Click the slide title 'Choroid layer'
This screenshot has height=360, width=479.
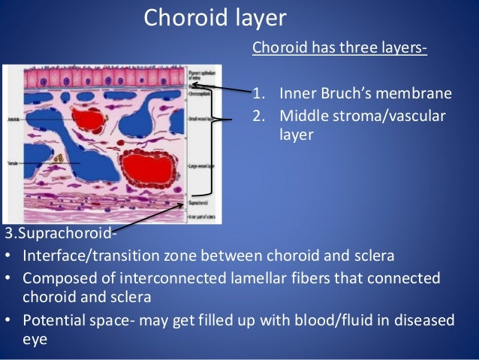[216, 17]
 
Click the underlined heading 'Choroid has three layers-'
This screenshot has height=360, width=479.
[339, 49]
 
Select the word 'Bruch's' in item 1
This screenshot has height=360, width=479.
[358, 94]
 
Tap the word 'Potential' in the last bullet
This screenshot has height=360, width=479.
[53, 320]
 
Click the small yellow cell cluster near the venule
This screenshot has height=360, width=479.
[59, 160]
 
